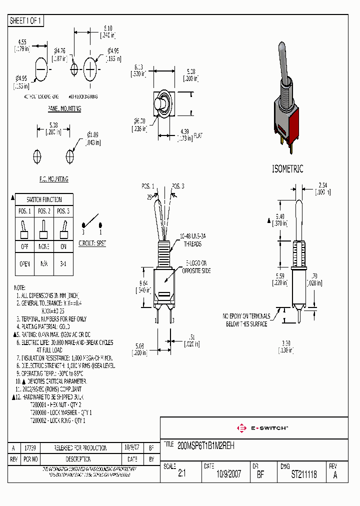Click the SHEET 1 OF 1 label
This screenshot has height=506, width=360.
(x=26, y=21)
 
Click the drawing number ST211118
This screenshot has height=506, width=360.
(x=304, y=474)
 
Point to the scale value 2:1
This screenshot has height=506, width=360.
(x=181, y=474)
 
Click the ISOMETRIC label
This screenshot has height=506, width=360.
(x=287, y=169)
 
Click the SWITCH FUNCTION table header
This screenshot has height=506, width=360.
(x=44, y=199)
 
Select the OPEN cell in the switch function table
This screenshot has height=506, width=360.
(x=24, y=264)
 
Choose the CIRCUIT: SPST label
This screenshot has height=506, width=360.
(x=92, y=243)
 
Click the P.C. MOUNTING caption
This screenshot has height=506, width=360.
(x=53, y=179)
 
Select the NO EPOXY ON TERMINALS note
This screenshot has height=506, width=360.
(x=246, y=320)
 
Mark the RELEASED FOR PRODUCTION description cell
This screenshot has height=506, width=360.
(x=80, y=448)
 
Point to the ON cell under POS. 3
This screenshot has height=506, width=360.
(x=63, y=246)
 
